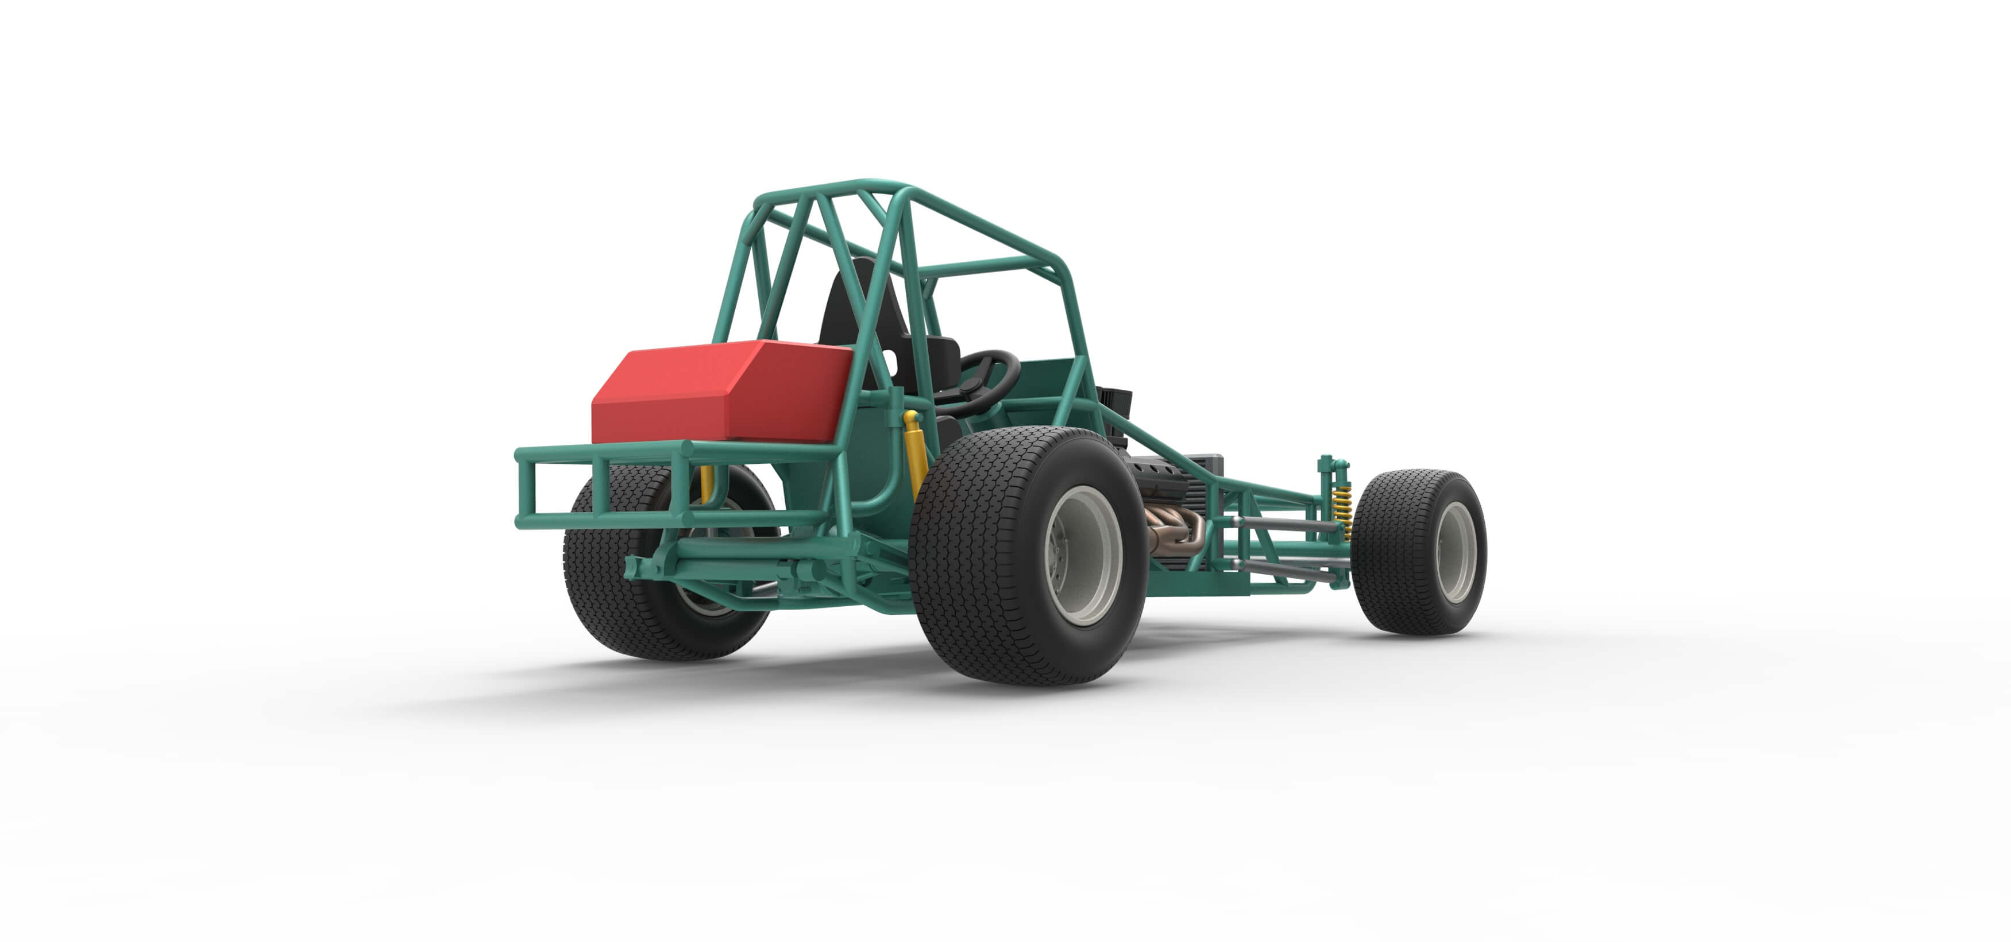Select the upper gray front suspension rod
point(1280,527)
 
